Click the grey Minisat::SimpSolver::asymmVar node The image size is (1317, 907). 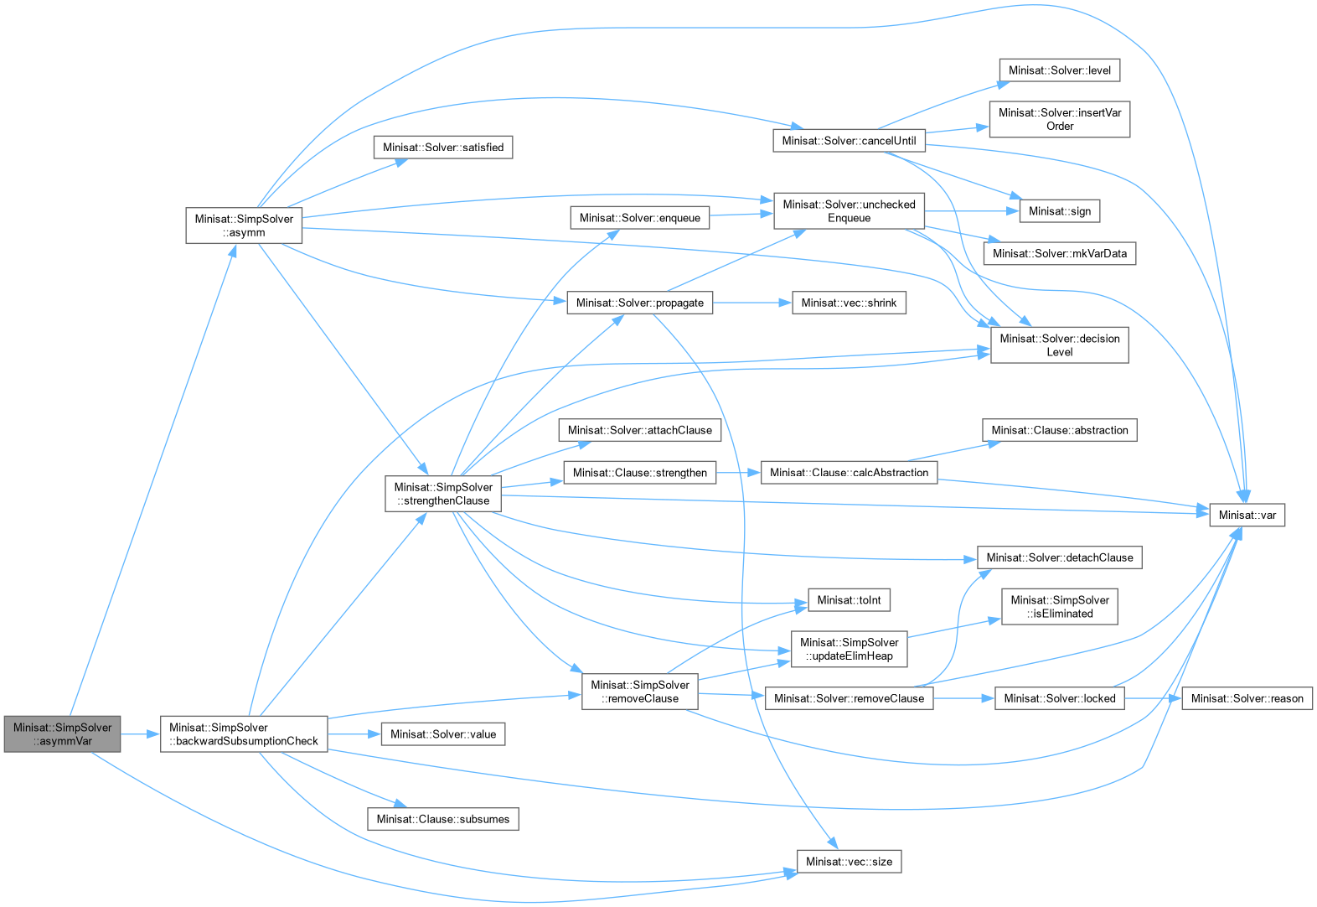[x=63, y=734]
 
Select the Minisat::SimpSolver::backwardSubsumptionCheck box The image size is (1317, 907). [x=244, y=734]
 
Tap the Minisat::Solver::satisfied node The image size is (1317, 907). [x=443, y=148]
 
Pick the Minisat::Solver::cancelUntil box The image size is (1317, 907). [x=849, y=141]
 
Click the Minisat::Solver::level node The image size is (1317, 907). [x=1059, y=70]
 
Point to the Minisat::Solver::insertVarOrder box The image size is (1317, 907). [x=1059, y=119]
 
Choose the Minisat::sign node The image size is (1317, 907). [x=1059, y=211]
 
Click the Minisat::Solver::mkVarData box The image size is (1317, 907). [x=1059, y=253]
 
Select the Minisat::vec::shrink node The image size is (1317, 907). [x=849, y=303]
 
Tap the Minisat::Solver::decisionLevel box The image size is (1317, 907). [x=1059, y=345]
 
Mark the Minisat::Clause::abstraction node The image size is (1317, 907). [x=1059, y=430]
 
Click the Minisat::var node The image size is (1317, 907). [x=1247, y=515]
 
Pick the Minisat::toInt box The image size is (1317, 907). [x=849, y=600]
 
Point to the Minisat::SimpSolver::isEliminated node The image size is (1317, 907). [x=1059, y=607]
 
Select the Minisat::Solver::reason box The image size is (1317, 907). [x=1247, y=698]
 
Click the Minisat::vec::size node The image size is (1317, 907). [x=849, y=862]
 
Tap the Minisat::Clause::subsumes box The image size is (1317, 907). [x=443, y=819]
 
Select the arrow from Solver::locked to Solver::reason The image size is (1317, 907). [x=1153, y=698]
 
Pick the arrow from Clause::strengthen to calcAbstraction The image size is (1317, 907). [x=739, y=473]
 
